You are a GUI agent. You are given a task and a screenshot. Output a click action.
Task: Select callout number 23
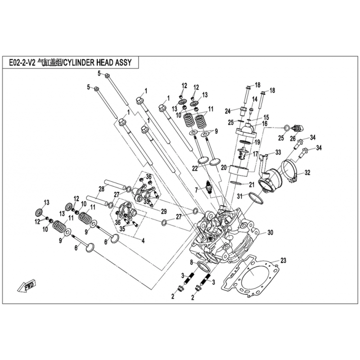[283, 261]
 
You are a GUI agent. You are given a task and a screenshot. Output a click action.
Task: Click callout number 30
[270, 233]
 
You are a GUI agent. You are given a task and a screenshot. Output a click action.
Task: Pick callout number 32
[307, 172]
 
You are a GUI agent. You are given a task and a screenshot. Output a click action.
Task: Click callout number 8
[191, 262]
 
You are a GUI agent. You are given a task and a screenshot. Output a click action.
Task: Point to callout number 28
[102, 189]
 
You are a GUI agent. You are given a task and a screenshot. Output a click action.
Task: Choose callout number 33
[278, 152]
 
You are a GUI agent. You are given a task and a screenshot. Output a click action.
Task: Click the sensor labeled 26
[296, 128]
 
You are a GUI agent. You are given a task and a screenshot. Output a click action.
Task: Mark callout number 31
[240, 196]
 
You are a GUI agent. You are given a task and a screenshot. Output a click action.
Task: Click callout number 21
[252, 185]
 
